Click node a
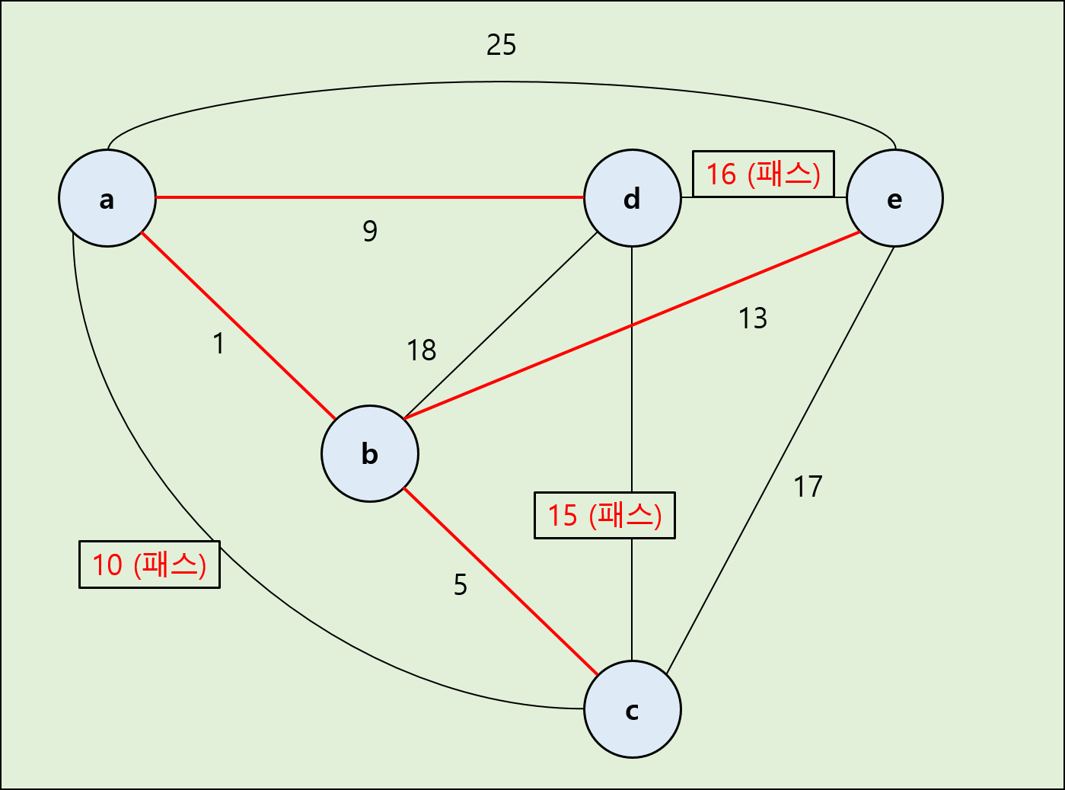107,198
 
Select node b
370,453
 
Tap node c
632,709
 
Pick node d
632,198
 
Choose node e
894,198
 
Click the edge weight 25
501,45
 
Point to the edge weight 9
370,230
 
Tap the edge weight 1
218,344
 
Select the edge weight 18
421,350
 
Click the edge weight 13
752,318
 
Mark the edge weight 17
808,487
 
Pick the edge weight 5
460,585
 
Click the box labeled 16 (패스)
763,174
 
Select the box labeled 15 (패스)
604,516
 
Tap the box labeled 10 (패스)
149,565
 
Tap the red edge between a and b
238,326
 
